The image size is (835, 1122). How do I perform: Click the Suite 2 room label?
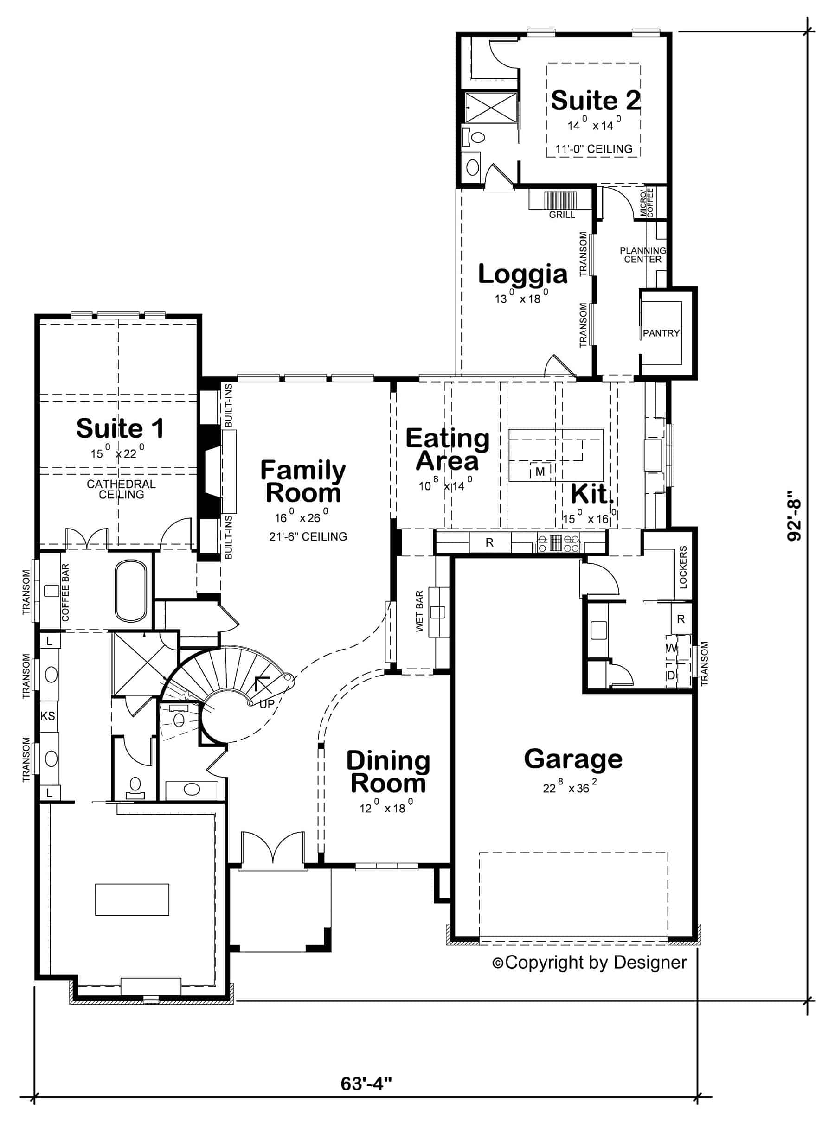click(x=596, y=101)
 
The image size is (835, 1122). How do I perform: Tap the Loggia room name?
click(x=523, y=274)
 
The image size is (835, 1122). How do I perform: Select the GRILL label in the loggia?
click(x=562, y=215)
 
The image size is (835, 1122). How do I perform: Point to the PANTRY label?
click(x=661, y=333)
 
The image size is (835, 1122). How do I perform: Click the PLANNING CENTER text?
click(x=643, y=255)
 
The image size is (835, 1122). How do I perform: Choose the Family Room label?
click(x=303, y=481)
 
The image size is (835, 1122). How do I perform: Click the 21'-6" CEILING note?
click(x=308, y=537)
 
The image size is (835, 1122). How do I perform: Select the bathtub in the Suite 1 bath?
click(x=130, y=591)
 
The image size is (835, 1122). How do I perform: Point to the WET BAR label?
click(x=419, y=611)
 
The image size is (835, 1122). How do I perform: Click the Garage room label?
click(x=573, y=759)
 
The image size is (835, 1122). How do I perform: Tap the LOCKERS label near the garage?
click(x=683, y=567)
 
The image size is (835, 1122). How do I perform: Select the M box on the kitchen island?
click(x=540, y=472)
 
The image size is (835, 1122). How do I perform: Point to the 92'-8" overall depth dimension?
click(x=795, y=520)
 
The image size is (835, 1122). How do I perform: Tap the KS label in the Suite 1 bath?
click(x=48, y=716)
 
